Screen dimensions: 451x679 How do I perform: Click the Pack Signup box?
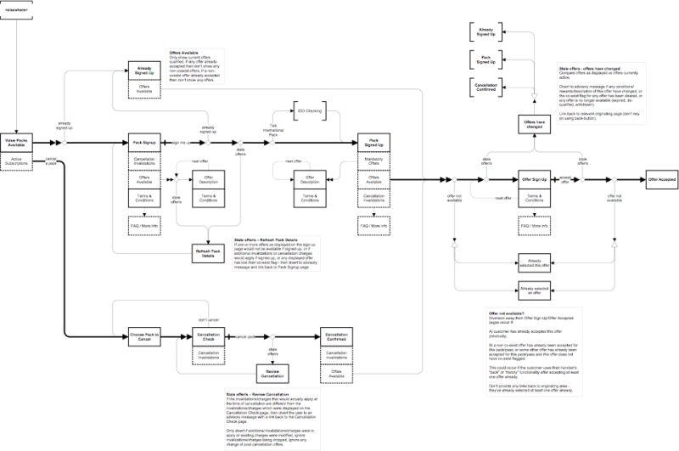[x=148, y=143]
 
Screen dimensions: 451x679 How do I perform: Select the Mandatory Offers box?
[x=373, y=161]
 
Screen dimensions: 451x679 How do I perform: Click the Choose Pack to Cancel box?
[x=148, y=338]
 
